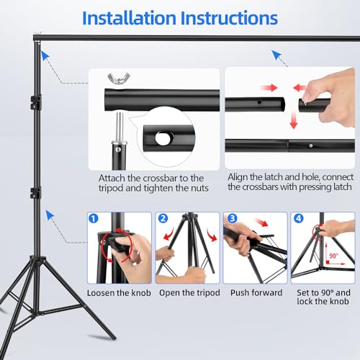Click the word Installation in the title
click(129, 18)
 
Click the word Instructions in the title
click(229, 18)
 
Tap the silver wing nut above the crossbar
click(119, 78)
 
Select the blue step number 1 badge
click(94, 219)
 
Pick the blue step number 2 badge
click(163, 218)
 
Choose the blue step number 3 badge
click(232, 218)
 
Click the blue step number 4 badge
click(299, 218)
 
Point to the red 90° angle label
click(333, 256)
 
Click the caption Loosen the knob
click(119, 293)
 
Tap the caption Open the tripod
click(189, 293)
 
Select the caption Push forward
click(256, 293)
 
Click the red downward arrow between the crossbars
click(294, 121)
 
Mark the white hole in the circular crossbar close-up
click(164, 138)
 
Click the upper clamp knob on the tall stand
click(36, 102)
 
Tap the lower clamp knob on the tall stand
click(35, 193)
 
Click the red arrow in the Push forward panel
click(261, 222)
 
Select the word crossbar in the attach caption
click(161, 179)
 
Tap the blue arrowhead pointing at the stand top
click(45, 55)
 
